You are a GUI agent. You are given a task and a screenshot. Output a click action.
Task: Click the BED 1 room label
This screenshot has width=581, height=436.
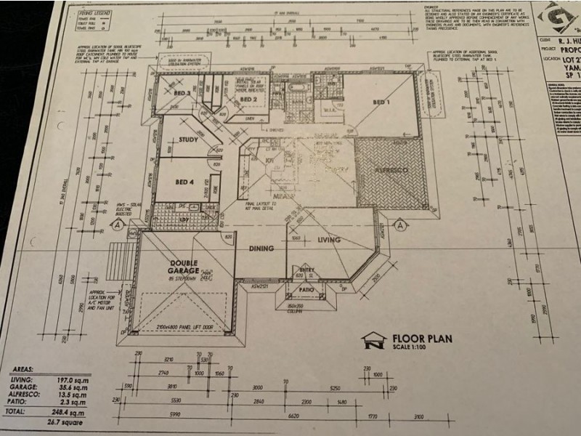381,102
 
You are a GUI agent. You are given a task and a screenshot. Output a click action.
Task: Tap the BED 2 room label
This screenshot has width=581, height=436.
248,100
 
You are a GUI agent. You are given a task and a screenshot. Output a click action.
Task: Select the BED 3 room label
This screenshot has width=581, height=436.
182,94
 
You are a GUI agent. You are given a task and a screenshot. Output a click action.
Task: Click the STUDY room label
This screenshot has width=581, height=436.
188,140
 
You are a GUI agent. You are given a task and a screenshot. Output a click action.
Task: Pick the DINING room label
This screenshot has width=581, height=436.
261,249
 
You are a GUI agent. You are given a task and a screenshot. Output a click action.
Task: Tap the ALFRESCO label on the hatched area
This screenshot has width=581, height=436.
391,170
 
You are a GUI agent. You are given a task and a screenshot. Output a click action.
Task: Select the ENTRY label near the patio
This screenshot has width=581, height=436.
306,270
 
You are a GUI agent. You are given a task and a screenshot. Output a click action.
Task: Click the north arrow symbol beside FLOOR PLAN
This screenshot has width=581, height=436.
373,340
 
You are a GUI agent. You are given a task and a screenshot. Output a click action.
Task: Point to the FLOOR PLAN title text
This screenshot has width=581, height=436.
422,337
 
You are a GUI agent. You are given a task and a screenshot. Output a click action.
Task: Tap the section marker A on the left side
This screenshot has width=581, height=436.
115,225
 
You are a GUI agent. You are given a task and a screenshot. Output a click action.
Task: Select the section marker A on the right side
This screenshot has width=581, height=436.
400,225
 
